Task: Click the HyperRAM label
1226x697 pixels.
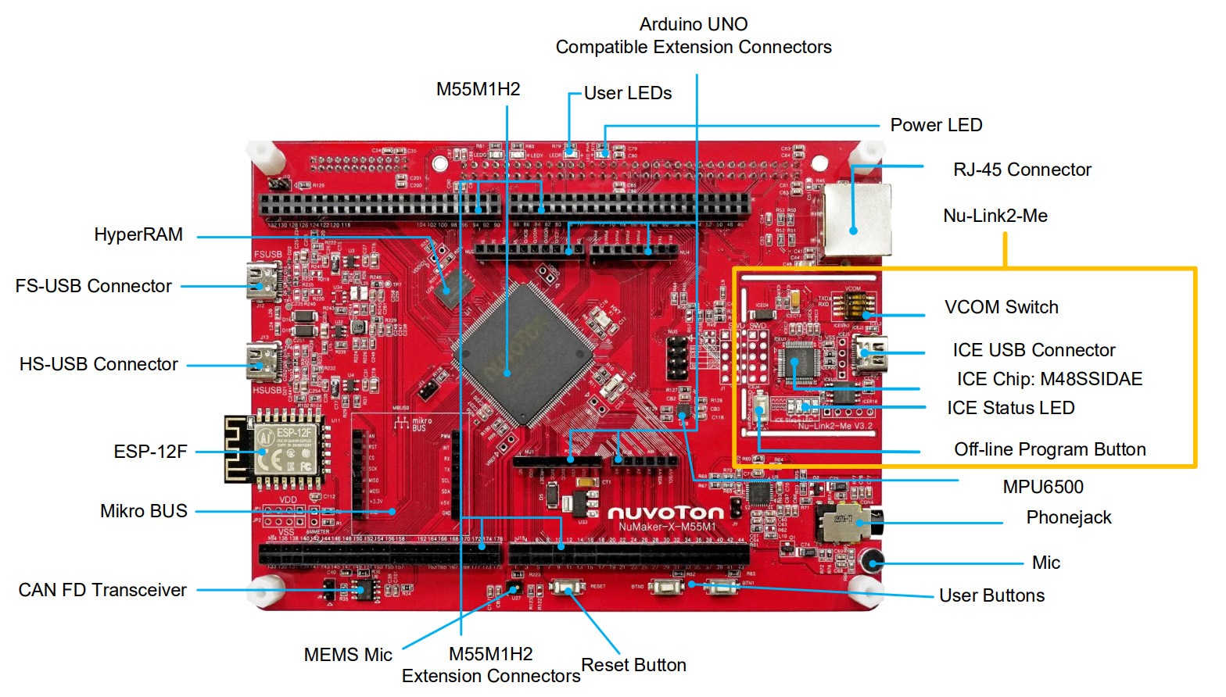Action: coord(138,234)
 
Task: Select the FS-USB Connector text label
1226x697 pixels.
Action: coord(94,286)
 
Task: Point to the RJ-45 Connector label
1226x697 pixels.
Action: coord(1022,170)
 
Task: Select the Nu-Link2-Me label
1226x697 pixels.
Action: coord(995,216)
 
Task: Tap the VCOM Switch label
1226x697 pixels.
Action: coord(1001,307)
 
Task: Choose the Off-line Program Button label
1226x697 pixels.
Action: coord(1049,449)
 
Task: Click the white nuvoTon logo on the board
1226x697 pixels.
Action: coord(665,513)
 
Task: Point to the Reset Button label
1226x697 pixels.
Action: coord(633,665)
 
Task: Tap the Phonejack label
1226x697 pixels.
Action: coord(1068,517)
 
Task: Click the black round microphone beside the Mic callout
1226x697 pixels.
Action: coord(872,561)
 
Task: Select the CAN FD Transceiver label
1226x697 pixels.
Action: coord(102,590)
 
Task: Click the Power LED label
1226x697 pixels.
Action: coord(936,125)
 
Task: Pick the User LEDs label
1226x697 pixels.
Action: coord(628,93)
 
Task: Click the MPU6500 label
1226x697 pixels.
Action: coord(1043,487)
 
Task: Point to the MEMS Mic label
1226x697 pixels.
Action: coord(348,655)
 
